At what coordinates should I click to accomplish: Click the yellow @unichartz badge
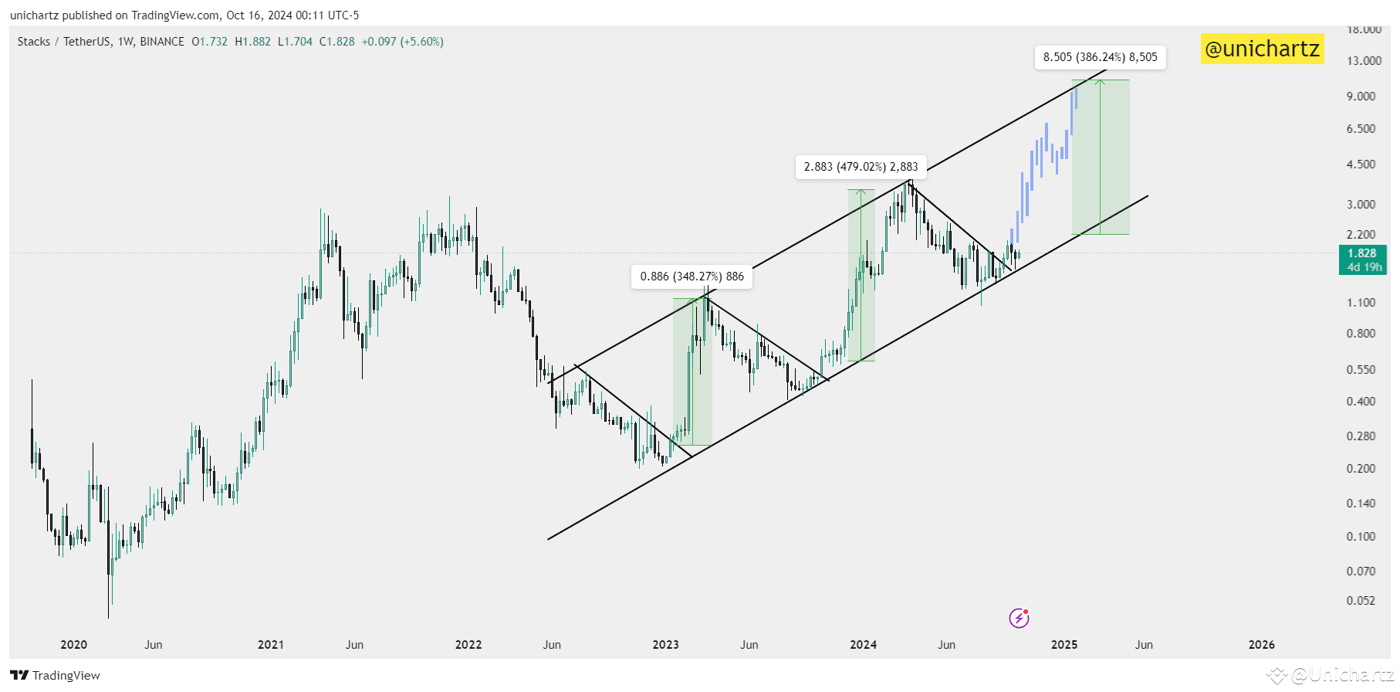pos(1262,49)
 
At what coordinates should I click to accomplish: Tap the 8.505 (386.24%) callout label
pos(1100,57)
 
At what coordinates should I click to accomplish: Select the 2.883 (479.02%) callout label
pos(861,167)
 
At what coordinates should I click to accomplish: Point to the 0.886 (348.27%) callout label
pos(692,276)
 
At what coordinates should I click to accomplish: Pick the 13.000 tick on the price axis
pos(1364,61)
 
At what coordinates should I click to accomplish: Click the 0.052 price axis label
pos(1361,601)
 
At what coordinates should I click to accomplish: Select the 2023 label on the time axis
pos(665,645)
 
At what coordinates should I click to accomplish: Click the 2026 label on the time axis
pos(1261,645)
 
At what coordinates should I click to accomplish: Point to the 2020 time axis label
pos(73,645)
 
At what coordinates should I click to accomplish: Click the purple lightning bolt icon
pos(1019,618)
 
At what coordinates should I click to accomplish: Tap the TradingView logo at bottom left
pos(55,676)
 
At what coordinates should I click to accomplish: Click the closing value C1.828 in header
pos(336,42)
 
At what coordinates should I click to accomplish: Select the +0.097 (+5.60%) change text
pos(402,42)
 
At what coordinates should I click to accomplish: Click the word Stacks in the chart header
pos(34,42)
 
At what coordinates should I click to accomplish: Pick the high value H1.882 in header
pos(252,42)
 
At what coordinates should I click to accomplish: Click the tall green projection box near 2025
pos(1100,157)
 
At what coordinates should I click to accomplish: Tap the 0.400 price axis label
pos(1361,402)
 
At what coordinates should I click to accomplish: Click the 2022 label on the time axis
pos(468,645)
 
